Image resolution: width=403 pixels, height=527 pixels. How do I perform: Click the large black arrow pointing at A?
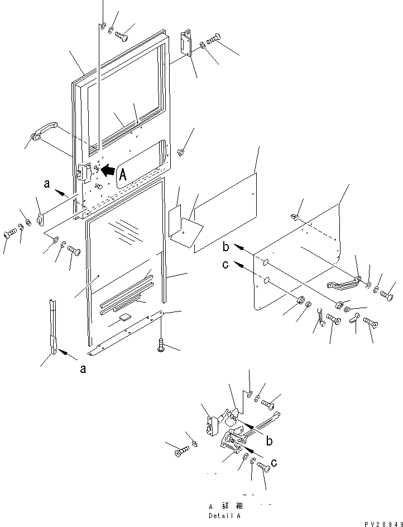pos(108,170)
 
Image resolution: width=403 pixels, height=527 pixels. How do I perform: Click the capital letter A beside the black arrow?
pos(123,175)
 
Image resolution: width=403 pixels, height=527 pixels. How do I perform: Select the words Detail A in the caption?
pos(224,516)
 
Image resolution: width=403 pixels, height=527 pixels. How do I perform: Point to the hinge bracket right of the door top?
pos(186,43)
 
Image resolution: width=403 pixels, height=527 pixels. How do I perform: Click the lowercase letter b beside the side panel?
pos(226,247)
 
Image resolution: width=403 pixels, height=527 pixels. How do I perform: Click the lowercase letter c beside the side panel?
pos(226,265)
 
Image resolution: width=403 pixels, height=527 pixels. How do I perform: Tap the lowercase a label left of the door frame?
pos(47,184)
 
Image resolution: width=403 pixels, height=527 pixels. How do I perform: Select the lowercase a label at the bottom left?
pos(83,369)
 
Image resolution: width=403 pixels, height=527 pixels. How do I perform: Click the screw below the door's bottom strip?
pos(161,345)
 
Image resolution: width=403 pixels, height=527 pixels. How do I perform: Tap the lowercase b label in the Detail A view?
pos(269,441)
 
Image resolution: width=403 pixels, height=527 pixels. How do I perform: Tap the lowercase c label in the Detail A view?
pos(274,463)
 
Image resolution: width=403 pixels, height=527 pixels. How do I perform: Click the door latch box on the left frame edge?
pos(84,173)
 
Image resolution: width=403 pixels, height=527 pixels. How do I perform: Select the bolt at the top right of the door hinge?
pos(213,39)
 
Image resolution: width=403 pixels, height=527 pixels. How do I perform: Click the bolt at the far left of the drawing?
pos(11,233)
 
